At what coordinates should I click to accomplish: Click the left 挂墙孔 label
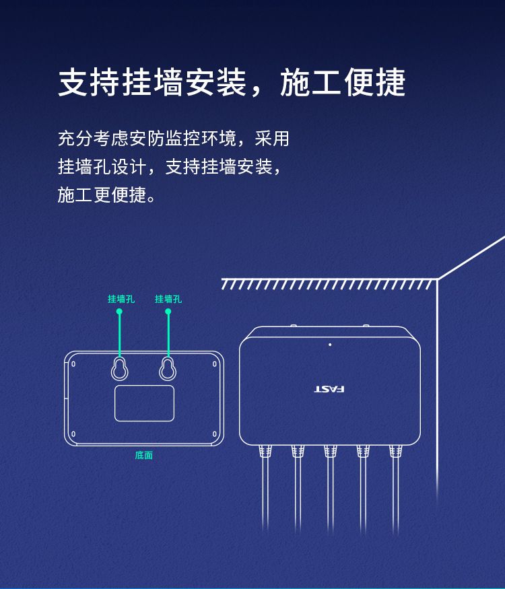(x=121, y=299)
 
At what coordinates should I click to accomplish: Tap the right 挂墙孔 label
(x=168, y=299)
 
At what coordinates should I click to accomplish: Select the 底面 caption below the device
(x=144, y=455)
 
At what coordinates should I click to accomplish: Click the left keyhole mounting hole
(x=119, y=368)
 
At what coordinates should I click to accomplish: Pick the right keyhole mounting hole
(x=168, y=368)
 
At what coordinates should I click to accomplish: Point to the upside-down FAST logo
(x=329, y=389)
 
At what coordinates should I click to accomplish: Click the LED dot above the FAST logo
(x=330, y=345)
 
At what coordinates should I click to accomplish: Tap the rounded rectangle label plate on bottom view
(x=144, y=403)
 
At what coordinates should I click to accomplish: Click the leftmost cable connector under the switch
(x=265, y=451)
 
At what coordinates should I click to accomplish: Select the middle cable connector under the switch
(x=331, y=451)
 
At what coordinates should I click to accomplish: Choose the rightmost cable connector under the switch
(x=396, y=451)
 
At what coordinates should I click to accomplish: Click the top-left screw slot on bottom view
(x=73, y=364)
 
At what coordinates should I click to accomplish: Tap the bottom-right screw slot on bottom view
(x=215, y=434)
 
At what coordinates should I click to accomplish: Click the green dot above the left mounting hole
(x=119, y=312)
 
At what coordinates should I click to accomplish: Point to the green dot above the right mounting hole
(x=168, y=312)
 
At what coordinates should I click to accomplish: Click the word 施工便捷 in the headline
(x=343, y=83)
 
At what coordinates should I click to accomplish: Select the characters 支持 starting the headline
(x=90, y=83)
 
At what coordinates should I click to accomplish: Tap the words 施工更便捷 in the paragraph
(x=102, y=195)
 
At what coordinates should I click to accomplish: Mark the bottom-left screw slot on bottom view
(x=73, y=434)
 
